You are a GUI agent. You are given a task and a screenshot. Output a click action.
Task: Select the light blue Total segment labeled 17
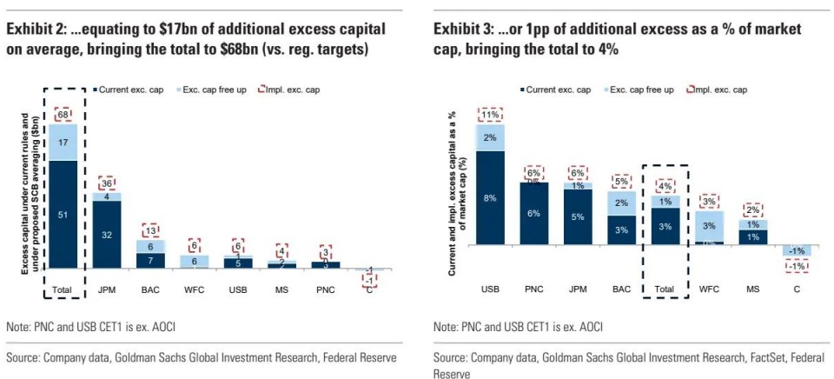coord(63,142)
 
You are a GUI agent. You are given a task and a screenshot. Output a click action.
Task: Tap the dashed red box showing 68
coord(63,115)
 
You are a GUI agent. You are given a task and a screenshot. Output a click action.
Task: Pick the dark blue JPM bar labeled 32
coord(108,234)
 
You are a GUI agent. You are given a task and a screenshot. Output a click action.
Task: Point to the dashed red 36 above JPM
coord(108,183)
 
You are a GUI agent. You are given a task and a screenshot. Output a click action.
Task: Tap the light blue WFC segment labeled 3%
coord(709,226)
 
